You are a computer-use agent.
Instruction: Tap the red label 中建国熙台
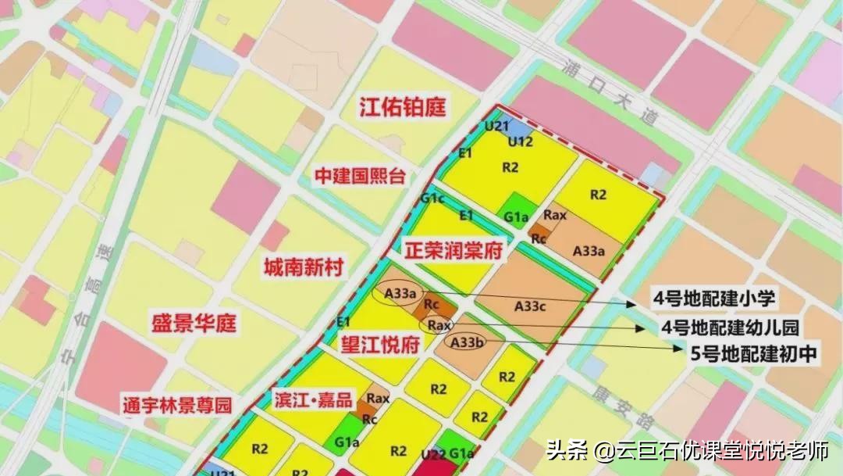tap(360, 176)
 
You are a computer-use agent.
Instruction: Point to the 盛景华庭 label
tap(194, 322)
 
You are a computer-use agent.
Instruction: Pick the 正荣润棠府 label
tap(454, 252)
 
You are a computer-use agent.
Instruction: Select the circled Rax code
tap(439, 324)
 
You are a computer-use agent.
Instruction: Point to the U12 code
tap(521, 141)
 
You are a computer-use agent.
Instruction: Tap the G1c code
tap(432, 199)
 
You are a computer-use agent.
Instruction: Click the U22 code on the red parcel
tap(432, 454)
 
